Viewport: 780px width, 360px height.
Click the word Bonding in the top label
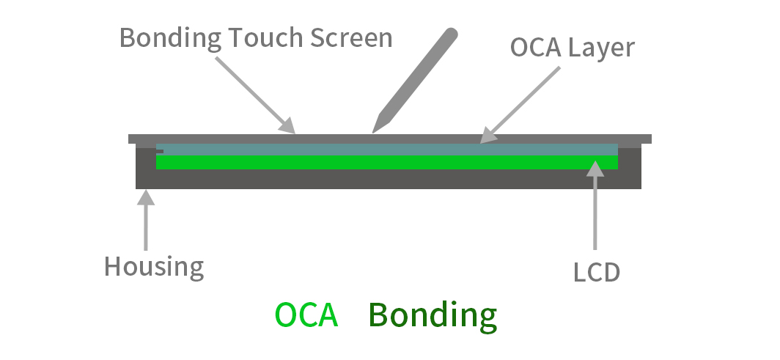click(x=165, y=38)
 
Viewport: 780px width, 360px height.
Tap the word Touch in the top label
click(x=254, y=38)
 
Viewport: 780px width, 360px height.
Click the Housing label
click(x=154, y=266)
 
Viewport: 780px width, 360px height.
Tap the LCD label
click(x=597, y=273)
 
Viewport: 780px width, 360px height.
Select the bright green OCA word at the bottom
click(x=306, y=315)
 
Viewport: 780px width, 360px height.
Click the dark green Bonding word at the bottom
click(x=433, y=316)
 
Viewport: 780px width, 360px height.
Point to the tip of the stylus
click(x=375, y=131)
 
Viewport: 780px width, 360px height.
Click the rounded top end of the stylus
click(x=452, y=34)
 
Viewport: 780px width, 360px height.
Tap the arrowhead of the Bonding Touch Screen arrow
click(x=287, y=128)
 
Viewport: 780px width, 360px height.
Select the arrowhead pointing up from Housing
click(x=147, y=198)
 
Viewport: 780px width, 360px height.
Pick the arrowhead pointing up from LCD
click(x=595, y=169)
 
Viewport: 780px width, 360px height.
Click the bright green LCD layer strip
click(x=387, y=162)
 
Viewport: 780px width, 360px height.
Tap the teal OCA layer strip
click(x=387, y=149)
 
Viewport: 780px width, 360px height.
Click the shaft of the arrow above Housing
click(x=147, y=227)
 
